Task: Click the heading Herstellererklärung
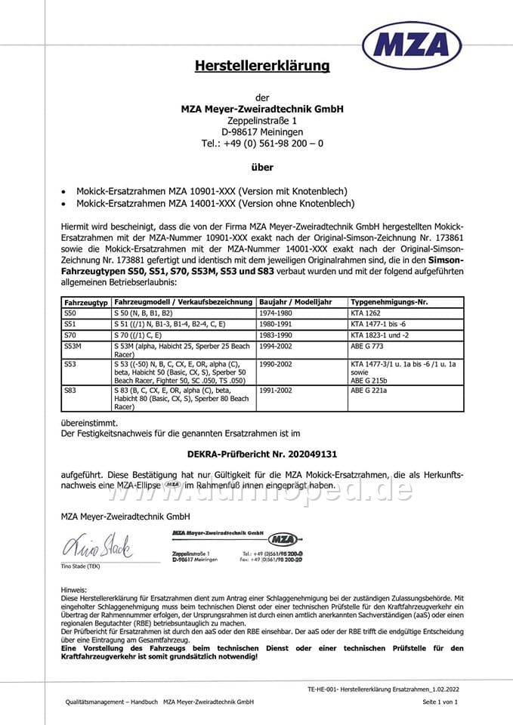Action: [x=262, y=66]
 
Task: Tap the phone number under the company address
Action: [x=262, y=143]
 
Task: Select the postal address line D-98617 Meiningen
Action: [x=262, y=131]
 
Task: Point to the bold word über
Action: [x=262, y=167]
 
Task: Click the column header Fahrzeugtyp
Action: [x=81, y=301]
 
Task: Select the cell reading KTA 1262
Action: [x=368, y=311]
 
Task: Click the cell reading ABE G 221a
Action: [x=370, y=390]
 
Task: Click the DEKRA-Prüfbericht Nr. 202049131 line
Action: [x=261, y=455]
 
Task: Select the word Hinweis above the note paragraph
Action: [x=74, y=589]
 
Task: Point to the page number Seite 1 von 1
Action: [x=440, y=702]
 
